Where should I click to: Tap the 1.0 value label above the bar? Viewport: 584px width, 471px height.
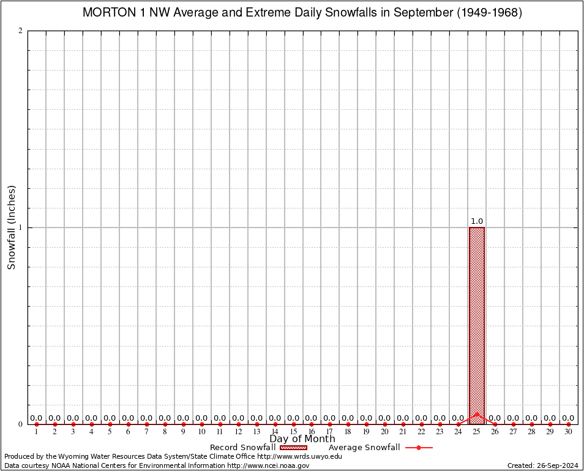coord(477,221)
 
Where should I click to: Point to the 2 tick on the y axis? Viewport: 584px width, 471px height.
coord(21,31)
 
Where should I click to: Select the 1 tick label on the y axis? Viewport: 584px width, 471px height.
coord(21,228)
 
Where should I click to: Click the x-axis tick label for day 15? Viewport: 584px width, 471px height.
coord(293,432)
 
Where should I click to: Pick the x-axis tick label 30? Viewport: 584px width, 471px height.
coord(569,432)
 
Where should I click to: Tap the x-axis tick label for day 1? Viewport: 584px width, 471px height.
coord(37,432)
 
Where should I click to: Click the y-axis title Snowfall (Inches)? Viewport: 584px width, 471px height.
coord(11,228)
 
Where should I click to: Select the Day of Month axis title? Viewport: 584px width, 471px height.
coord(302,439)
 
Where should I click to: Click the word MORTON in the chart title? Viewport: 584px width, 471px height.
coord(105,13)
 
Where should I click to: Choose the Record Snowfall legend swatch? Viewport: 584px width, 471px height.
coord(293,448)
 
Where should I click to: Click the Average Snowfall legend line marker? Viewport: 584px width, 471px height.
coord(419,448)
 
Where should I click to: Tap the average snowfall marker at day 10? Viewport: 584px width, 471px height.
coord(201,424)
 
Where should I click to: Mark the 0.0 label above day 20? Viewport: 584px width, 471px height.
coord(384,418)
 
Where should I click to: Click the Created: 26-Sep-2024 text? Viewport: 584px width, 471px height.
coord(542,465)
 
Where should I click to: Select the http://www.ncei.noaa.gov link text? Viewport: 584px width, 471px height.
coord(268,465)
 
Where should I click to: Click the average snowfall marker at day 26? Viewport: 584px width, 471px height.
coord(495,424)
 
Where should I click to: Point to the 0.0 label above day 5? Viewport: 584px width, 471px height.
coord(110,418)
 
